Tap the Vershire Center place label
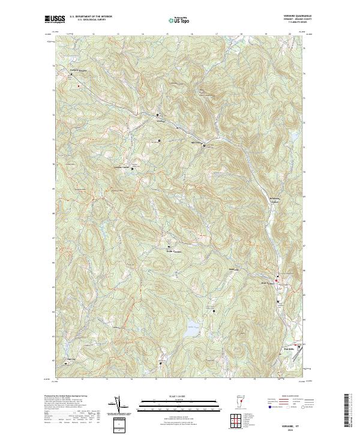[122, 167]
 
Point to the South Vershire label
[173, 250]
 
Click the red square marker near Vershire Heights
[78, 86]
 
